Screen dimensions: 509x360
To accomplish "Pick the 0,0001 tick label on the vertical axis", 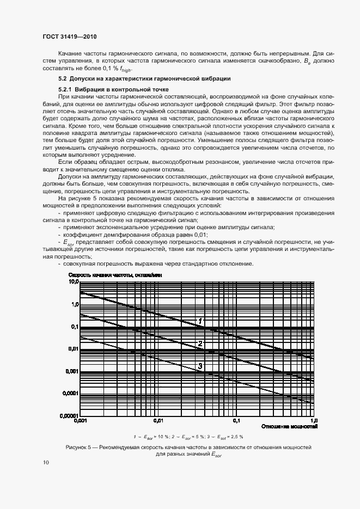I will (x=71, y=393).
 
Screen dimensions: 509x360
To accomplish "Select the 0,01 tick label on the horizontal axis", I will (x=158, y=421).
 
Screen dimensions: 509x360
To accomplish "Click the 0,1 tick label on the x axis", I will (x=236, y=421).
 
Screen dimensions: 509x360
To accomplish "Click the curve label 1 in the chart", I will (x=200, y=321).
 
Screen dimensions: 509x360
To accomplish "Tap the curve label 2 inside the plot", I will (x=200, y=344).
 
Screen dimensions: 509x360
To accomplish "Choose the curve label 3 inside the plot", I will (x=200, y=366).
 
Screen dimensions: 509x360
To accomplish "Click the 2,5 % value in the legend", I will (x=235, y=437).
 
